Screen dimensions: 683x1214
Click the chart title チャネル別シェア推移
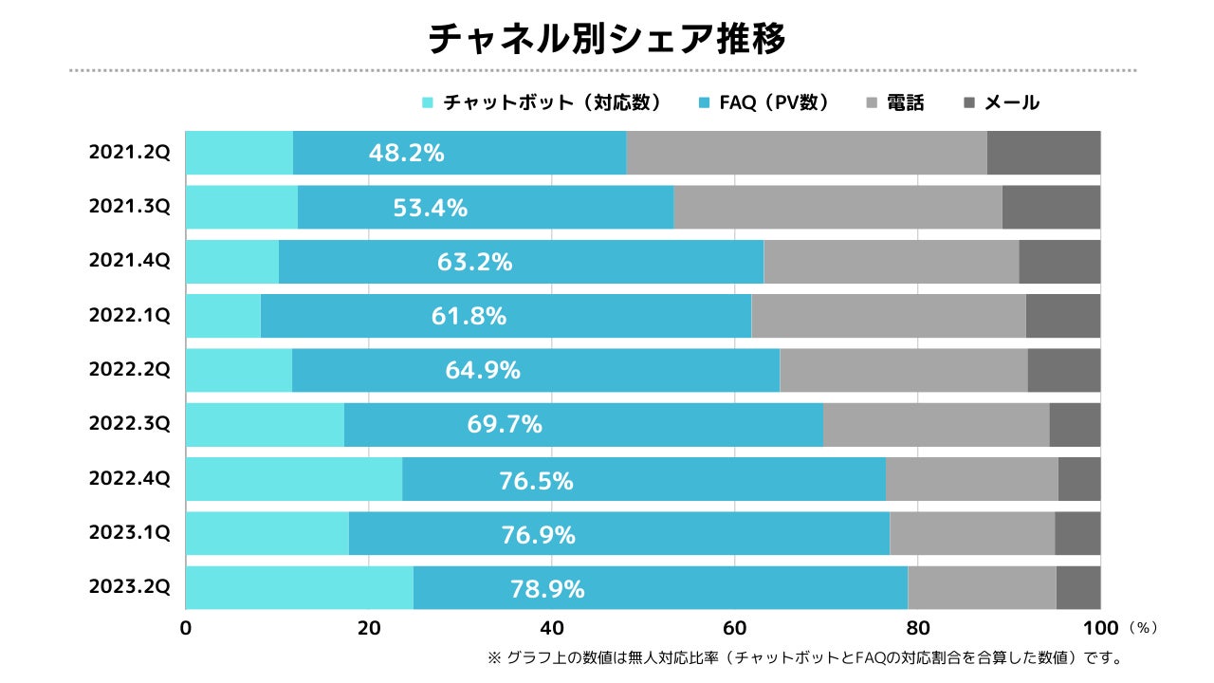click(x=607, y=39)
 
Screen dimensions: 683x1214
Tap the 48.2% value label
click(x=406, y=153)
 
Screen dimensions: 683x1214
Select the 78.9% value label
click(x=547, y=589)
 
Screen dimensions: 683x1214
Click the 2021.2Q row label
click(x=130, y=153)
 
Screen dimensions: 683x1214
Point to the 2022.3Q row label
click(x=130, y=424)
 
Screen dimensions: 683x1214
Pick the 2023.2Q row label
click(x=130, y=587)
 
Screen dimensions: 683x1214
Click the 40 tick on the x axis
click(x=552, y=628)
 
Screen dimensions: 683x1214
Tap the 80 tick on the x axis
click(x=918, y=628)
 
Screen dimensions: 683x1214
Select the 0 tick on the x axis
click(x=186, y=628)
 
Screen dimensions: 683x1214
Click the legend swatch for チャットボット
click(x=427, y=102)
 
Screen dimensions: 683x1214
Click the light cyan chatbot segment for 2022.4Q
click(x=294, y=479)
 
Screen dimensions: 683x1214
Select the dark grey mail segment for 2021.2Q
click(x=1043, y=153)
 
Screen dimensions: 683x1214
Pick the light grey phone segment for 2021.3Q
click(x=837, y=207)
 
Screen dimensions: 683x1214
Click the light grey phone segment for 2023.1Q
click(x=972, y=533)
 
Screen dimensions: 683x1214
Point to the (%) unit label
click(x=1144, y=628)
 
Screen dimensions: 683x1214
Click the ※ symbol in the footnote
click(x=493, y=656)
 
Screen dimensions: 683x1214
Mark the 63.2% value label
click(x=474, y=262)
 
